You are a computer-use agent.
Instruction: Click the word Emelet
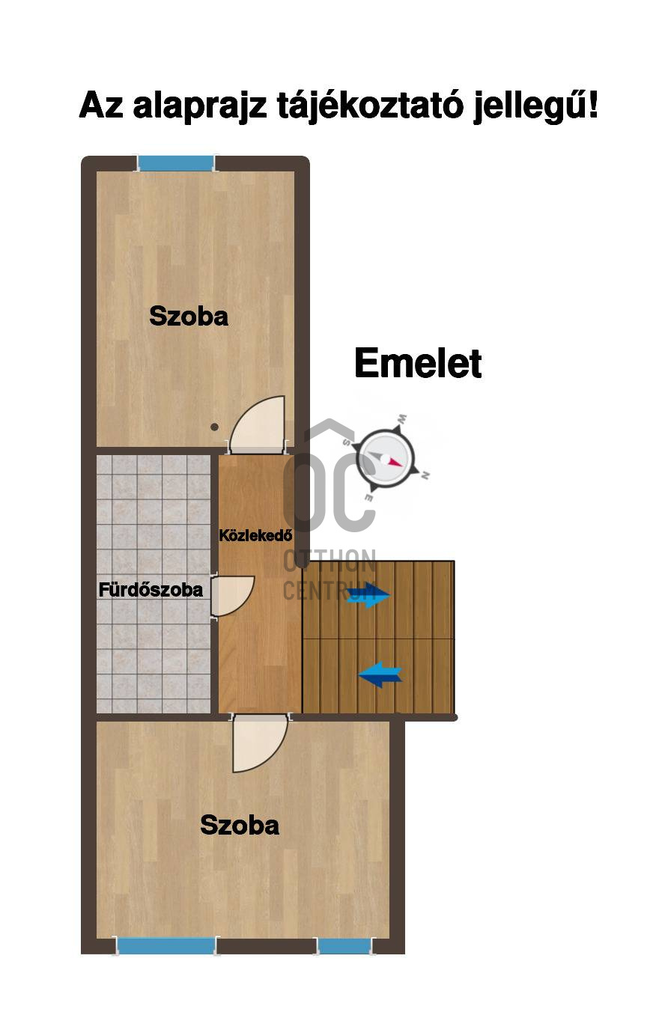pos(417,364)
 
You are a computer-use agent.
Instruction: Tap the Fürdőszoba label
pos(151,590)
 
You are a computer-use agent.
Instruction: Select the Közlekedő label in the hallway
pos(255,535)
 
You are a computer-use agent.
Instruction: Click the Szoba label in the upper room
pos(189,316)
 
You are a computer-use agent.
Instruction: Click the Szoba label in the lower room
pos(240,825)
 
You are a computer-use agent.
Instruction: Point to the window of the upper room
pos(176,163)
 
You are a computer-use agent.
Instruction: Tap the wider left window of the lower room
pos(166,946)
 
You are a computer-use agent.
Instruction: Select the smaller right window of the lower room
pos(344,946)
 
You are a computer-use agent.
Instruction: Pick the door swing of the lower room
pos(259,743)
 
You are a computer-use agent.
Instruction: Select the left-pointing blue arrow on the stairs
pos(380,674)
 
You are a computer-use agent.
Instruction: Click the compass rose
pos(386,458)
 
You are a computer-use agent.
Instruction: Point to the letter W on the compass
pos(402,418)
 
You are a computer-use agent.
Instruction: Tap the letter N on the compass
pos(425,475)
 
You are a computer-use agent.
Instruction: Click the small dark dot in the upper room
pos(214,427)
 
